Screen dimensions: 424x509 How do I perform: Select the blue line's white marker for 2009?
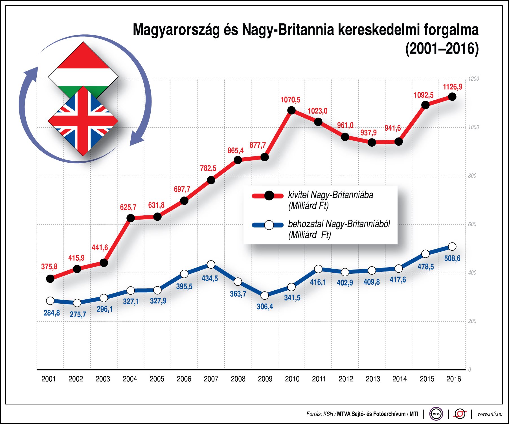coord(265,295)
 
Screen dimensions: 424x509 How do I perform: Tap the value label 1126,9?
coord(453,87)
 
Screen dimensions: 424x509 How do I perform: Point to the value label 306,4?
coord(265,307)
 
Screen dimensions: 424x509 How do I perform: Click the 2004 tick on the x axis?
coord(130,379)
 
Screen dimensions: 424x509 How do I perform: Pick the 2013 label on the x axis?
coord(373,379)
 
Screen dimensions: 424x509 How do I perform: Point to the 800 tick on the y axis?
coord(472,176)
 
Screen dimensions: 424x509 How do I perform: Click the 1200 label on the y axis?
coord(473,79)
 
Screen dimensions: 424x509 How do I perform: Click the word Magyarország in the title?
coord(176,30)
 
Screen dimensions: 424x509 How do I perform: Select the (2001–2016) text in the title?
coord(442,49)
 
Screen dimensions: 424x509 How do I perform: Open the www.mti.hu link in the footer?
coord(490,414)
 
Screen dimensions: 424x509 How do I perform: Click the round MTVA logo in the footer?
coord(436,414)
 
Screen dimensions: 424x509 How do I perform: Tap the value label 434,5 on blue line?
coord(210,279)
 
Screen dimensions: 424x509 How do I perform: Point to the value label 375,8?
coord(49,267)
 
